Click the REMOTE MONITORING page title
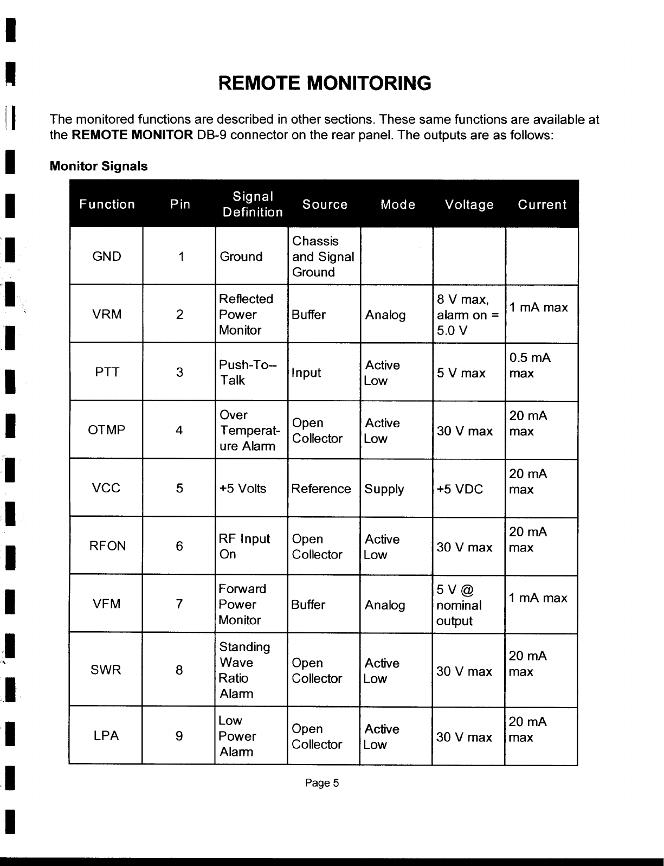point(324,84)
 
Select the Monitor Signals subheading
point(98,166)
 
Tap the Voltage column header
point(469,204)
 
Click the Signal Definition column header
point(253,204)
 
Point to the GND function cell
point(107,256)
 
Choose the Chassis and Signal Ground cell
point(323,256)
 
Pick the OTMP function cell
point(107,431)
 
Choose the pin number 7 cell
point(179,604)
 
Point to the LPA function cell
point(106,736)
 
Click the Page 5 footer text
point(322,783)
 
